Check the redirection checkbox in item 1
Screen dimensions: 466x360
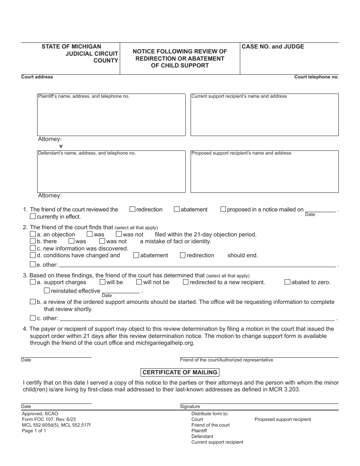click(x=132, y=209)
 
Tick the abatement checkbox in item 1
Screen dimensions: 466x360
click(x=177, y=209)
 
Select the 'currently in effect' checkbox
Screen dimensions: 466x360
click(x=33, y=216)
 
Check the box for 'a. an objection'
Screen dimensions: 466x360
click(x=33, y=234)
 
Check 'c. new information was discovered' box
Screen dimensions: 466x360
click(x=33, y=248)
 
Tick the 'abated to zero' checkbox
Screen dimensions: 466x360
click(x=287, y=282)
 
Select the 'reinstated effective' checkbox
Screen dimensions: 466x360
click(x=47, y=291)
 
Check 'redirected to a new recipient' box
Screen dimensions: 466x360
click(x=186, y=282)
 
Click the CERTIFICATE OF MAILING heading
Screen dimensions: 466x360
click(x=180, y=372)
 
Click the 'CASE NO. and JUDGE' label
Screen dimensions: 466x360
click(x=273, y=47)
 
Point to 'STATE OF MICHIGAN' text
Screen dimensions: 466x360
click(x=71, y=47)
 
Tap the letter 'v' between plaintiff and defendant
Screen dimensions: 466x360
click(x=61, y=146)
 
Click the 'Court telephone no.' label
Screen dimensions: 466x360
click(x=316, y=77)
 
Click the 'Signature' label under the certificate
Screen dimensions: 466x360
click(x=190, y=407)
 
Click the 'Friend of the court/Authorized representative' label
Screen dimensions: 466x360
click(x=226, y=360)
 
